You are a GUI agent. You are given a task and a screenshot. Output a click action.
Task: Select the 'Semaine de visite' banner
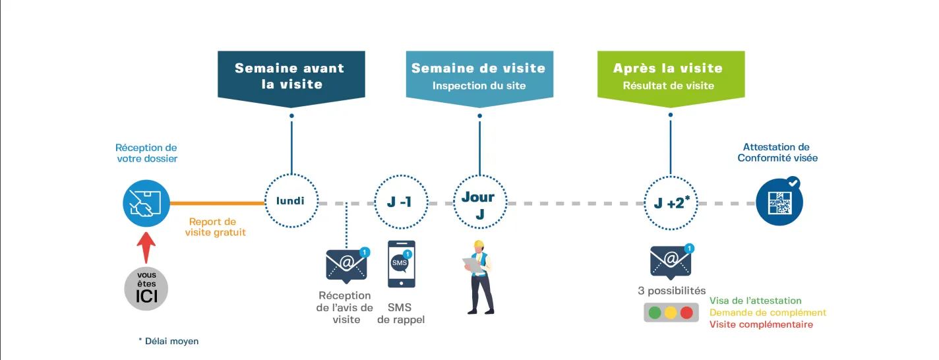click(x=479, y=76)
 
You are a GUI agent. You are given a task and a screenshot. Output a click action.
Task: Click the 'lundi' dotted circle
click(x=291, y=200)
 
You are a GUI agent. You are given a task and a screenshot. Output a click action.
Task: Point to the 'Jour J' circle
click(x=478, y=203)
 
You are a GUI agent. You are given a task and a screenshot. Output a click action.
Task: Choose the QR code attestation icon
click(x=779, y=202)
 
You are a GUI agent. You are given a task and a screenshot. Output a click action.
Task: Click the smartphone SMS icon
click(x=401, y=264)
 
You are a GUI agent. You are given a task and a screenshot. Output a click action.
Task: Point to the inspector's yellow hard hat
click(x=478, y=245)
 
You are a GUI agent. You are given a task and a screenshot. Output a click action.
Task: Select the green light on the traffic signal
click(x=655, y=313)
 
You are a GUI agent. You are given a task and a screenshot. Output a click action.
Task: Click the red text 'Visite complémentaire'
click(x=761, y=324)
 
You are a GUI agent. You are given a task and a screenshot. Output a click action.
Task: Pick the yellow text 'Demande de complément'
click(x=768, y=313)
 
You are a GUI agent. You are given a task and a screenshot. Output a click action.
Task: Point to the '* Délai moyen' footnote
click(x=168, y=341)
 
